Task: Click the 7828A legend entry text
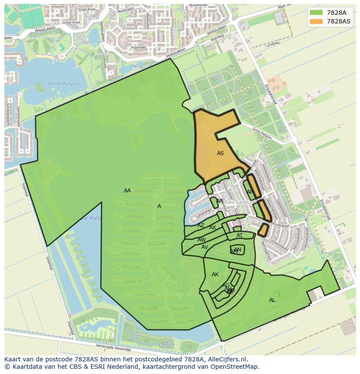(336, 13)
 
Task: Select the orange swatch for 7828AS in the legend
(317, 21)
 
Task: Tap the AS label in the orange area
(220, 153)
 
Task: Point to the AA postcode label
(127, 191)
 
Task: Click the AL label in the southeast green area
(272, 300)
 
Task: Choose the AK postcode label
(215, 275)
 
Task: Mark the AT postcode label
(240, 235)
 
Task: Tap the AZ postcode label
(201, 225)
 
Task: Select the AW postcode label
(202, 240)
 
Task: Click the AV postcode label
(204, 247)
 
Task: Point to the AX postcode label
(213, 228)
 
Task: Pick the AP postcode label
(250, 192)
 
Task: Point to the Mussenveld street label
(198, 5)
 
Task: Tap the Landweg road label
(272, 43)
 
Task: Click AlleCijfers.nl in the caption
(226, 359)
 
